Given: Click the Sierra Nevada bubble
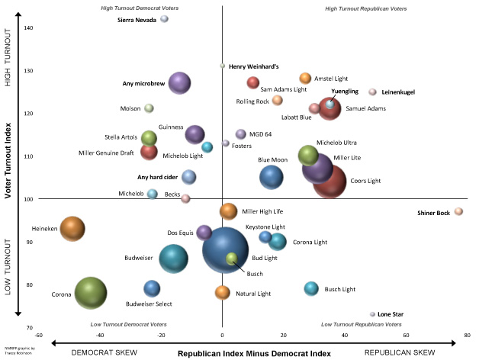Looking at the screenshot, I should coord(164,19).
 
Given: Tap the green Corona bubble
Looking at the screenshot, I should coord(91,293).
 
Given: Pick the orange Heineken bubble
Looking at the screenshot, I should coord(72,227).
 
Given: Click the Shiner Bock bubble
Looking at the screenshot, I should coord(458,211).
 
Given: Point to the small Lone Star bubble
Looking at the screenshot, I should coord(372,314).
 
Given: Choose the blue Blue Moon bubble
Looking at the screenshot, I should coord(271,177).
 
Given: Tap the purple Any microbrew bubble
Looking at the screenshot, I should coord(179,83).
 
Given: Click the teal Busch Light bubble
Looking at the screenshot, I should coord(310,288).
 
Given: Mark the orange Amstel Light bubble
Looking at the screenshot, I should coord(305,78).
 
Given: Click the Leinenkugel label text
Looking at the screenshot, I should coord(398,92).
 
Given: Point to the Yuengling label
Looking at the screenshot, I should coord(345,91).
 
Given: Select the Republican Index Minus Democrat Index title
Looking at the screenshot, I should coord(254,353).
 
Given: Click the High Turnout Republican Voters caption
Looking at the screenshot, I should coord(366,8).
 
